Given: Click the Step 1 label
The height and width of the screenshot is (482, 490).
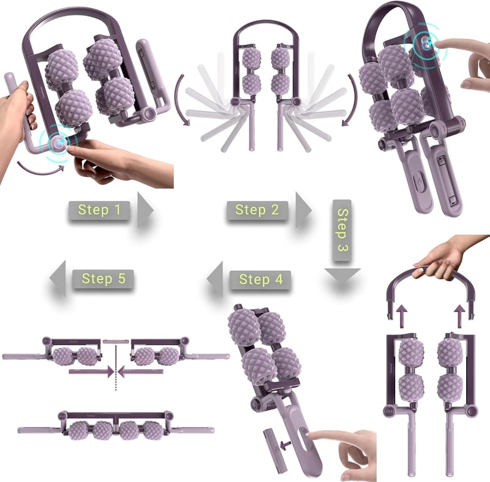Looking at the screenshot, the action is click(99, 210).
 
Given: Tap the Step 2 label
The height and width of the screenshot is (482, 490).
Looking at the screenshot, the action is click(257, 210).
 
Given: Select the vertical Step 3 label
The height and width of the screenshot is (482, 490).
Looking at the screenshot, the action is click(342, 230).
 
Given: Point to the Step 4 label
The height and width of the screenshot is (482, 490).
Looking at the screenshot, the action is click(261, 279).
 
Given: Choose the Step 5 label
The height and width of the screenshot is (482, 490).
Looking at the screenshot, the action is click(104, 279).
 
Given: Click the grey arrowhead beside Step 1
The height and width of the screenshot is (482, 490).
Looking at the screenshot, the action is click(145, 210).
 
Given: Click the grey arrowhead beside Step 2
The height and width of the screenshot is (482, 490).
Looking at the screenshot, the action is click(303, 210).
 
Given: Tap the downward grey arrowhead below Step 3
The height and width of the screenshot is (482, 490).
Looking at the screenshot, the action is click(342, 276).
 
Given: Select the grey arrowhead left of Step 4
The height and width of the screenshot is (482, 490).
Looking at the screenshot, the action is click(215, 279).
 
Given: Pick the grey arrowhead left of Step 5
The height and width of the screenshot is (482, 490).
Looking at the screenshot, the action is click(58, 278).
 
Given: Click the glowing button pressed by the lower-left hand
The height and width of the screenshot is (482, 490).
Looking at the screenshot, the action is click(58, 143).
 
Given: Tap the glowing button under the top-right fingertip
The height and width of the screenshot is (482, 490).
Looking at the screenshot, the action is click(426, 45).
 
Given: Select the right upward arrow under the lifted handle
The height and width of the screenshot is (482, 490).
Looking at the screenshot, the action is click(460, 316).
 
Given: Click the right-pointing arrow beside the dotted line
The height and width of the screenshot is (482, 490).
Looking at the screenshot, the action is click(91, 372).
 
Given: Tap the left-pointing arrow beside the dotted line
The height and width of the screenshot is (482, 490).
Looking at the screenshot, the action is click(140, 372).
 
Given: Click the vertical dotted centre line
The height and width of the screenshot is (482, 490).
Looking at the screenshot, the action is click(116, 367).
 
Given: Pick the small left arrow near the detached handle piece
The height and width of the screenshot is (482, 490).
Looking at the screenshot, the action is click(285, 445).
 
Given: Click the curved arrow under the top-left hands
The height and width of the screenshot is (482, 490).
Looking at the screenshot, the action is click(39, 170).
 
